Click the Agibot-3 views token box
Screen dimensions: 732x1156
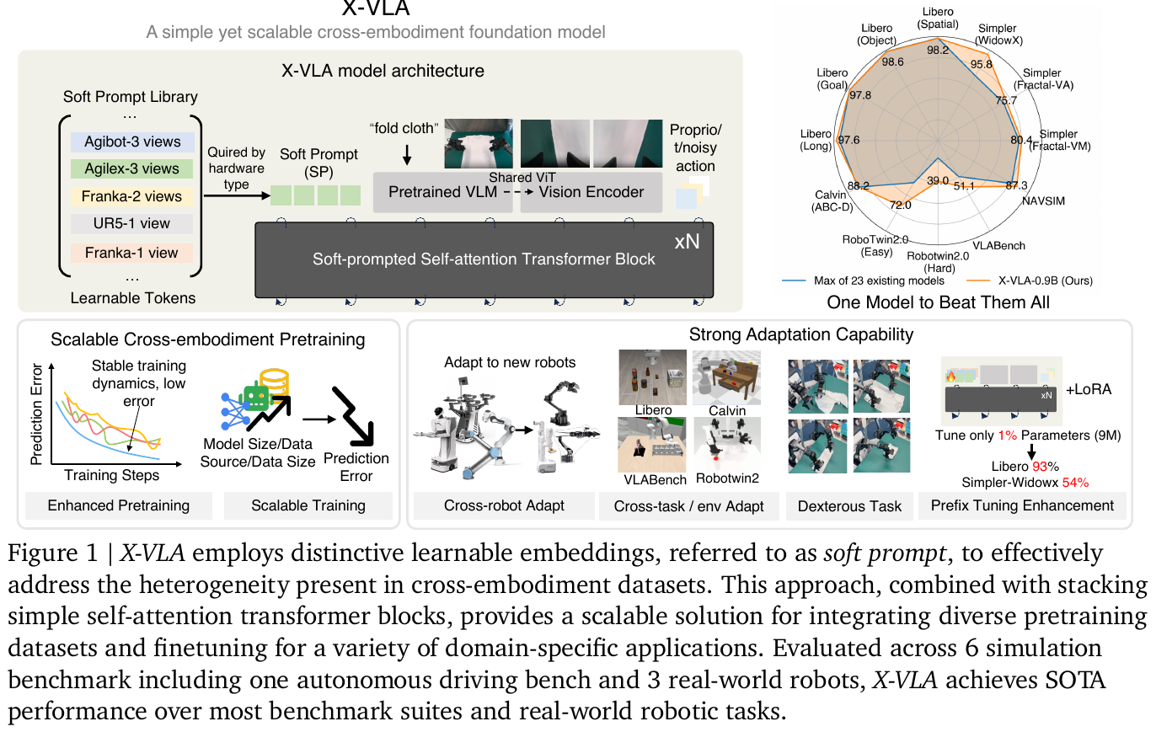pyautogui.click(x=132, y=142)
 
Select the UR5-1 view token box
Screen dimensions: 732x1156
pyautogui.click(x=132, y=223)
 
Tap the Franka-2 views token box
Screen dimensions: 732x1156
pyautogui.click(x=132, y=196)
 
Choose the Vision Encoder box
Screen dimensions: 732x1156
pyautogui.click(x=591, y=192)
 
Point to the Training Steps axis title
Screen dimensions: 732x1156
pyautogui.click(x=111, y=475)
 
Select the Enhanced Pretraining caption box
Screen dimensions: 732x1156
pyautogui.click(x=118, y=505)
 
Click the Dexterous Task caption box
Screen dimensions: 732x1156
pyautogui.click(x=849, y=506)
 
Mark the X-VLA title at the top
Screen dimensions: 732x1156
pyautogui.click(x=376, y=10)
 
